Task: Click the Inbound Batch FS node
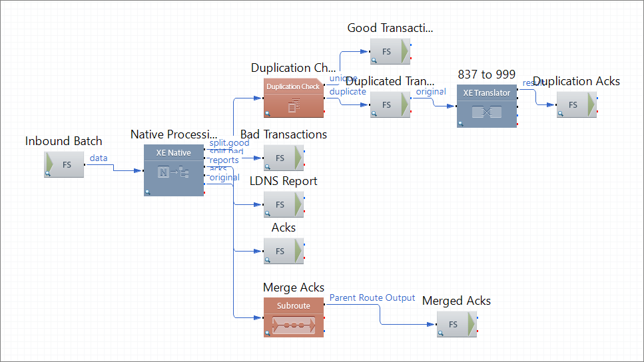pos(64,164)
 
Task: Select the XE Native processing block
pos(174,171)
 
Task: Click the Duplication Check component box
pos(293,98)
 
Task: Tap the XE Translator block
pos(486,105)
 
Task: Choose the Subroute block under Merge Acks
pos(293,317)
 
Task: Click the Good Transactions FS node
pos(390,51)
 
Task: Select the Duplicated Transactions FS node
pos(390,104)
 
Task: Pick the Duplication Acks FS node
pos(576,104)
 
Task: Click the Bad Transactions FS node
pos(283,158)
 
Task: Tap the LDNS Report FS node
pos(283,204)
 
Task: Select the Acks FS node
pos(283,251)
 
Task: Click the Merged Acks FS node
pos(456,324)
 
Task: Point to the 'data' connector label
pos(99,158)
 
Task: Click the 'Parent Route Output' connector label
pos(372,297)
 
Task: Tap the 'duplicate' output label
pos(348,91)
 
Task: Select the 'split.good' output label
pos(229,142)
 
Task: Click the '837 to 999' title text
pos(486,74)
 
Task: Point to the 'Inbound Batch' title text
pos(64,140)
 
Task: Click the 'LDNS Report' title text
pos(283,181)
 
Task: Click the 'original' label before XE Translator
pos(431,91)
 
